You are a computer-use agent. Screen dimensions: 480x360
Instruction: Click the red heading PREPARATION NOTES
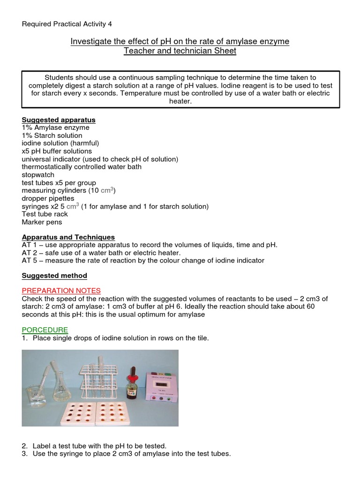coord(61,291)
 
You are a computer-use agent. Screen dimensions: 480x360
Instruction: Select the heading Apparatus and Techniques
coord(68,237)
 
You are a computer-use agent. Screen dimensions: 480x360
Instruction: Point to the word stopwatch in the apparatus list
coord(38,175)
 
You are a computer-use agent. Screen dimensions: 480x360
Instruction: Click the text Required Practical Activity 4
coord(67,24)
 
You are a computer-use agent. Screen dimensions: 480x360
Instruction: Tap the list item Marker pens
coord(42,222)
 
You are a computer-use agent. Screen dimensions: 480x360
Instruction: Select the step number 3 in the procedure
coord(24,454)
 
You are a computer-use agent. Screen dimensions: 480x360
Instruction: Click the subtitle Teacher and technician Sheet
coord(180,51)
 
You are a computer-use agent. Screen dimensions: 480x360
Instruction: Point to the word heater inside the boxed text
coord(180,101)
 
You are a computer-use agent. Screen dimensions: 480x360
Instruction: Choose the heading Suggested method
coord(54,276)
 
